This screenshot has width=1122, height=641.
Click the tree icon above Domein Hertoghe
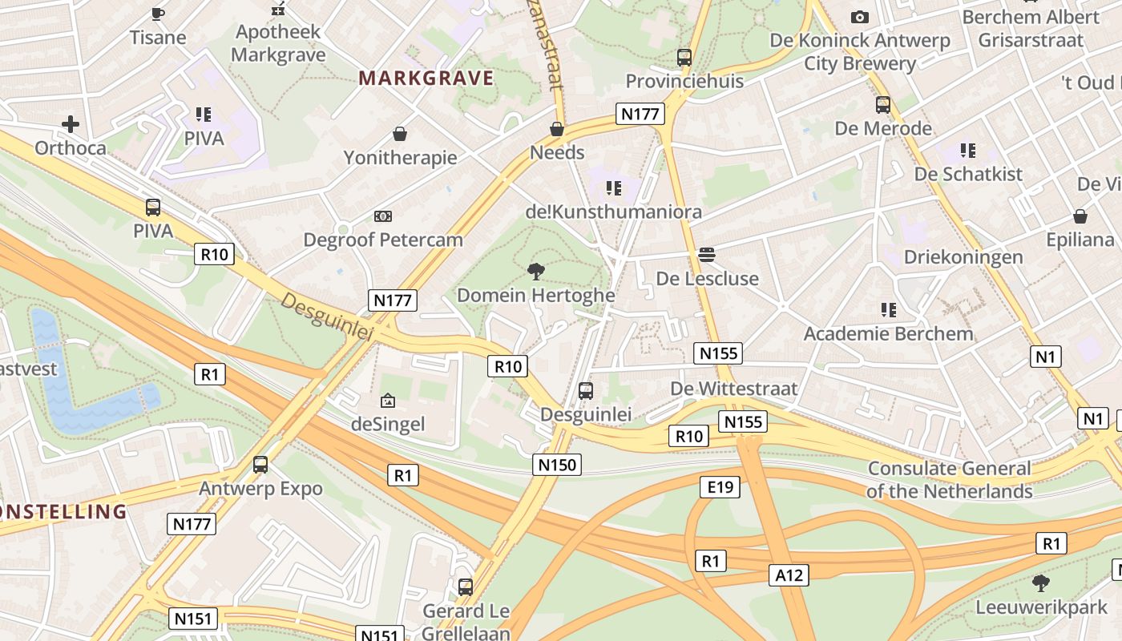(x=536, y=272)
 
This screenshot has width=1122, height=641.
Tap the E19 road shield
(x=719, y=486)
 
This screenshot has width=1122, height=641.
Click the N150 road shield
(x=556, y=464)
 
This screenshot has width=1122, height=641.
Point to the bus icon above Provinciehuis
(x=684, y=58)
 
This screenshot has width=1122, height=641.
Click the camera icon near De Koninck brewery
(x=860, y=17)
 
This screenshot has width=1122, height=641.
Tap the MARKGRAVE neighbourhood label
(x=426, y=79)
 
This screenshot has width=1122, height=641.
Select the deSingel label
(x=388, y=424)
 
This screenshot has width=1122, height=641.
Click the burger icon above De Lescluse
(x=706, y=255)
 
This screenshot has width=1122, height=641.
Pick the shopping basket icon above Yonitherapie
(x=399, y=134)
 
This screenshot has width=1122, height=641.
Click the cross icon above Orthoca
(x=71, y=124)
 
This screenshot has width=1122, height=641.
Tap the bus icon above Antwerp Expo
(x=260, y=465)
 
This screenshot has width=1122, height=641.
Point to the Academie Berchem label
(x=889, y=333)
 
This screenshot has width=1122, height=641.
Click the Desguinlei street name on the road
(x=328, y=316)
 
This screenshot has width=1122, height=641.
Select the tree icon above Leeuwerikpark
(x=1040, y=583)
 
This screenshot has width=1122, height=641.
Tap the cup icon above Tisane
(x=158, y=14)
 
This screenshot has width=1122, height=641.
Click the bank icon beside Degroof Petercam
(x=383, y=216)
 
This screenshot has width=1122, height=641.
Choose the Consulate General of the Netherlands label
(x=950, y=480)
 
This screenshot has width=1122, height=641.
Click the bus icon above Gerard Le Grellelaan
(x=466, y=587)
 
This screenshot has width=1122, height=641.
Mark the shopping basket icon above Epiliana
(x=1080, y=216)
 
